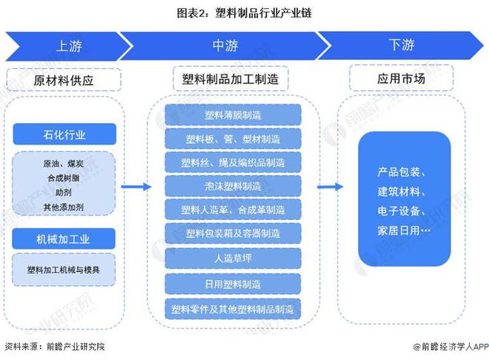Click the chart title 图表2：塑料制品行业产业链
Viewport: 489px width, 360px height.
(244, 13)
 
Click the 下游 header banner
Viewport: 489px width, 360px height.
(401, 45)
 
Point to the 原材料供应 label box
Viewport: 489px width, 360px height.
(65, 79)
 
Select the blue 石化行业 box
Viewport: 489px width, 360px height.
(64, 135)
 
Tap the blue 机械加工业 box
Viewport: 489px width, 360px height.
(64, 239)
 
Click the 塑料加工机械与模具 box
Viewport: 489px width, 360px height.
(64, 270)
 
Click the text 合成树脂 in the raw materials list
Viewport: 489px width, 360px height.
(64, 178)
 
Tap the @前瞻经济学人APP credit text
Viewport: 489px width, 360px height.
(448, 347)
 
